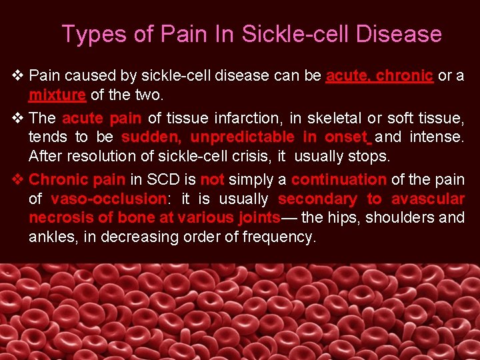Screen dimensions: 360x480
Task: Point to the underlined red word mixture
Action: point(57,95)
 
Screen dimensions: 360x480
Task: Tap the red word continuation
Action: point(339,179)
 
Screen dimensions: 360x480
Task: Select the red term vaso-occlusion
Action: point(109,199)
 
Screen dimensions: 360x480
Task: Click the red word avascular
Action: point(428,199)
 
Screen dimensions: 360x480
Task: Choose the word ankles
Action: point(50,237)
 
